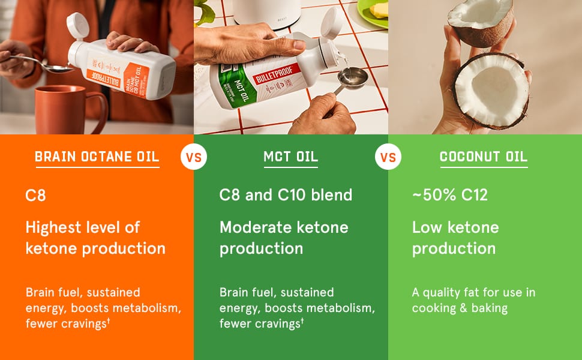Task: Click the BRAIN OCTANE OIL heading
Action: tap(97, 157)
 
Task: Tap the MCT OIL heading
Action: tap(291, 157)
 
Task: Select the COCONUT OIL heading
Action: tap(484, 157)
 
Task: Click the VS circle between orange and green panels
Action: tap(193, 158)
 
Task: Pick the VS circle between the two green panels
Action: tap(388, 158)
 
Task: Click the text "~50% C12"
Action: tap(449, 195)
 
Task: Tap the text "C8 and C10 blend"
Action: tap(286, 195)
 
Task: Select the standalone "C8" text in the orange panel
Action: tap(35, 195)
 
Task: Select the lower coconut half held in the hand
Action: tap(489, 90)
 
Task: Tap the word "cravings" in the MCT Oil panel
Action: tap(275, 324)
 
